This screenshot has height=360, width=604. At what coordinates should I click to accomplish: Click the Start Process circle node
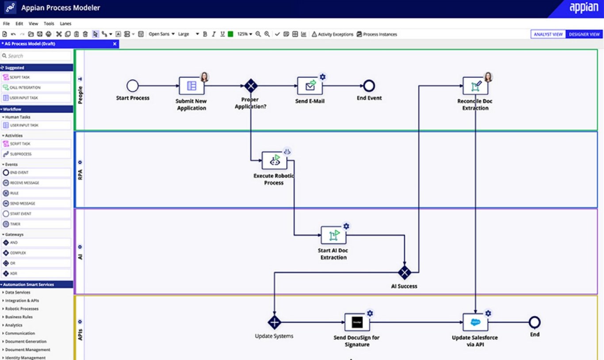(x=132, y=86)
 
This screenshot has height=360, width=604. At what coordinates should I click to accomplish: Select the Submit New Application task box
(x=191, y=86)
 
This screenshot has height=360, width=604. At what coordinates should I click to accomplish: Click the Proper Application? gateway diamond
(x=251, y=86)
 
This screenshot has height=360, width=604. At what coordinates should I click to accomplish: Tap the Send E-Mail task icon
(x=310, y=86)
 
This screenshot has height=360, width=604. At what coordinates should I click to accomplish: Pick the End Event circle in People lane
(x=369, y=86)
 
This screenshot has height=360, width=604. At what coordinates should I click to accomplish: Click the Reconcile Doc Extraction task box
(x=475, y=86)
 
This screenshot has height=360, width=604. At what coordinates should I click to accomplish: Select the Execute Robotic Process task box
(x=274, y=161)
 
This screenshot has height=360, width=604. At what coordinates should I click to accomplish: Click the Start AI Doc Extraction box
(x=333, y=235)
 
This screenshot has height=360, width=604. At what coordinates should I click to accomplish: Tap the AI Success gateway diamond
(x=404, y=272)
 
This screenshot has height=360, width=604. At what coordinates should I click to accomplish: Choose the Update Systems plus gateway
(x=274, y=322)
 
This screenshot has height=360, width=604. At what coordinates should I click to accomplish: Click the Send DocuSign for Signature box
(x=357, y=322)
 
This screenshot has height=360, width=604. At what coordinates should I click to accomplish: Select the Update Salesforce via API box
(x=475, y=322)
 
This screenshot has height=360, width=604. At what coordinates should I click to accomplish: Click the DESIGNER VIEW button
(x=584, y=34)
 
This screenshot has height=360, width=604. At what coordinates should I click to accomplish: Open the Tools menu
(x=49, y=23)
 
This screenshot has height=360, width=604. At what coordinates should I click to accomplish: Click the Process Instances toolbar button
(x=377, y=34)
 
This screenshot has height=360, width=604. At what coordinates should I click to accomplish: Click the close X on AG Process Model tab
(x=115, y=44)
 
